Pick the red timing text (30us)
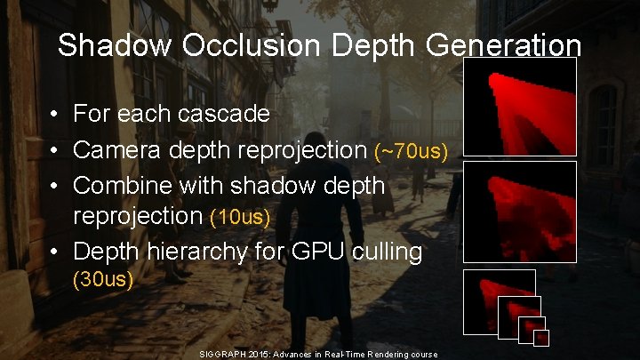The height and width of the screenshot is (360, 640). click(102, 281)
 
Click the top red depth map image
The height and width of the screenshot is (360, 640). click(520, 108)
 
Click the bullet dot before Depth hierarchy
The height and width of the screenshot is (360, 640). click(54, 252)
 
